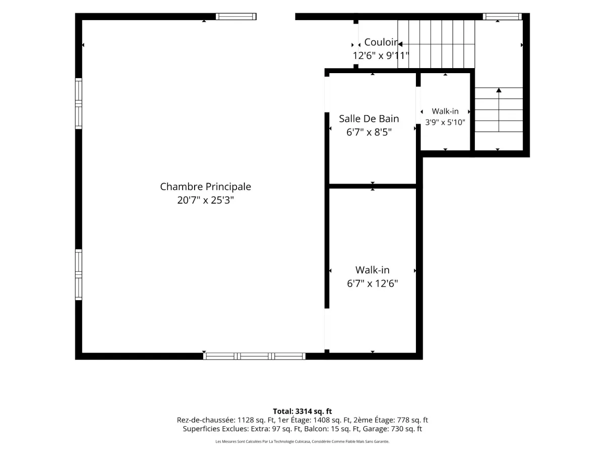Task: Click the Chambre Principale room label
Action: coord(205,187)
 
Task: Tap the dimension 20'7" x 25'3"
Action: coord(205,200)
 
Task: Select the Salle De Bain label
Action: coord(369,119)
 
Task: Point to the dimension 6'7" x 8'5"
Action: coord(369,132)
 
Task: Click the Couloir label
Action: coord(381,42)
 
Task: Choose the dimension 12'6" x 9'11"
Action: coord(381,55)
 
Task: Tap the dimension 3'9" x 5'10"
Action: coord(445,122)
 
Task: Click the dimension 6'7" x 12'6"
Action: coord(373,283)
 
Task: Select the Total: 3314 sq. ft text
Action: coord(302,411)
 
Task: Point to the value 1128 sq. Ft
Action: coord(256,420)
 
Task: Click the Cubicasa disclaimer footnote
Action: coord(302,441)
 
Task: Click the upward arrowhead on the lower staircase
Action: coord(499,90)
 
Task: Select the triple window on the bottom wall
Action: coord(254,356)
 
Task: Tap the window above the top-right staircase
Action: coord(502,17)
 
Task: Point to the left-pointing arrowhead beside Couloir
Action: coord(400,44)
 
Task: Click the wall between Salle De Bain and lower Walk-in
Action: coord(373,186)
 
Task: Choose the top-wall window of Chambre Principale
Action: coord(236,17)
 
